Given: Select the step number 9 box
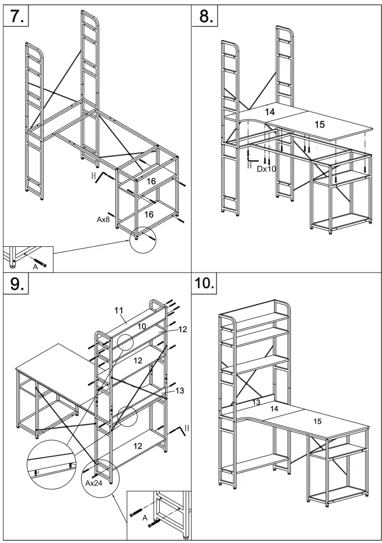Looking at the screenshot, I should click(16, 285).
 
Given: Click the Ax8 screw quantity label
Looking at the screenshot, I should click(103, 220).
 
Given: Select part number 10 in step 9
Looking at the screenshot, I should click(142, 326).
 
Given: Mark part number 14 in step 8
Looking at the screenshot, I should click(269, 112).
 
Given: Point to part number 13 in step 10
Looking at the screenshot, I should click(256, 402).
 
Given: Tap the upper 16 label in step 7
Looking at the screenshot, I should click(151, 181).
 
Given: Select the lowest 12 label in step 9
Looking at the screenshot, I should click(138, 445).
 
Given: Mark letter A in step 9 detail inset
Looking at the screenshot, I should click(144, 517).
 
